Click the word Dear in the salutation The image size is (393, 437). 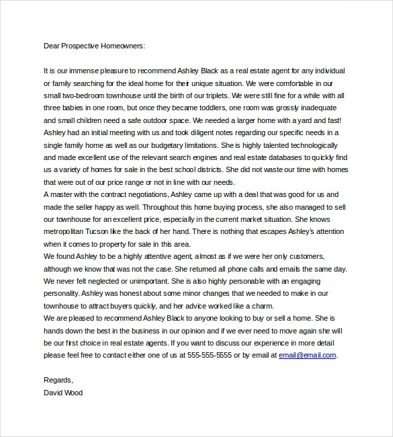(x=52, y=46)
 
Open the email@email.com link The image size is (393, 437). (x=307, y=356)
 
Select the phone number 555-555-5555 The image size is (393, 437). (x=209, y=356)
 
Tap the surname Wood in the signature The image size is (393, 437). (x=73, y=393)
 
